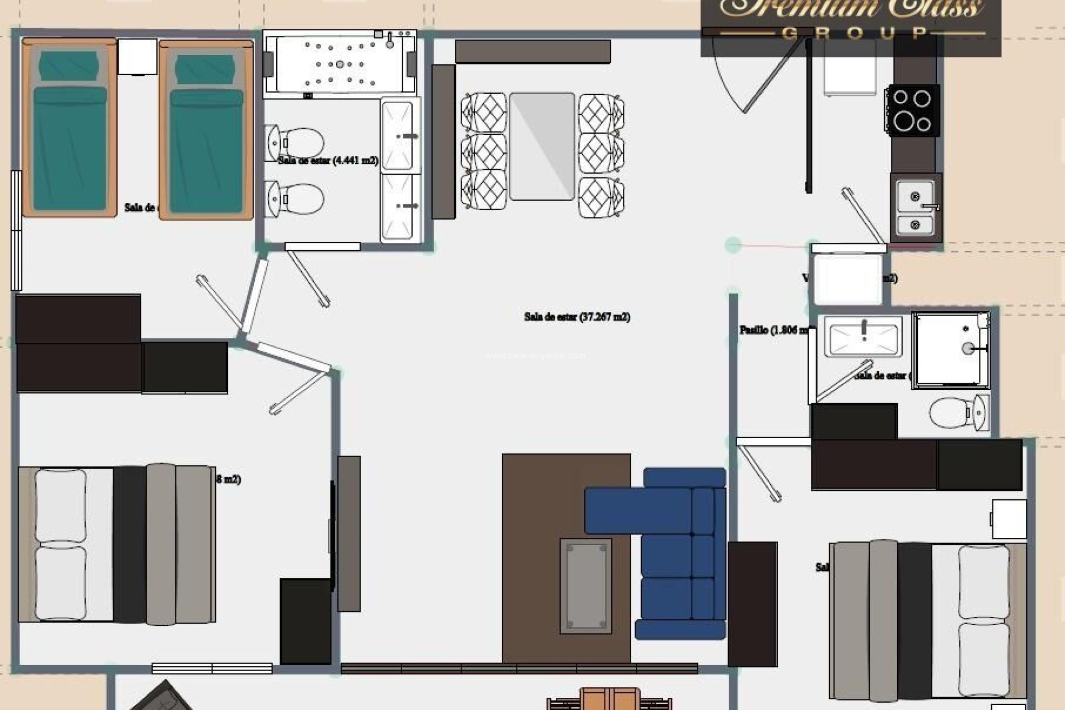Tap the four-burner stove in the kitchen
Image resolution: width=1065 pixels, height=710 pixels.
click(912, 110)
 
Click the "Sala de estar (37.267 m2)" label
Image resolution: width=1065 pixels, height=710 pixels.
click(577, 317)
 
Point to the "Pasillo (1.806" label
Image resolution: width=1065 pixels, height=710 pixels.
click(772, 330)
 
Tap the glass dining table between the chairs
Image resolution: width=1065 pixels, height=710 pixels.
click(541, 146)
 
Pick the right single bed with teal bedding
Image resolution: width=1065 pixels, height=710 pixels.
click(206, 130)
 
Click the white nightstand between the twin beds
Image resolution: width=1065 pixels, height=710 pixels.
click(138, 56)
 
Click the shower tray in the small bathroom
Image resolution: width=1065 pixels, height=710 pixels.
click(950, 349)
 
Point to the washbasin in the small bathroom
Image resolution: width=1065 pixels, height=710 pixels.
click(863, 336)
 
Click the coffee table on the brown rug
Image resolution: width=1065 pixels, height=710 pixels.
click(586, 586)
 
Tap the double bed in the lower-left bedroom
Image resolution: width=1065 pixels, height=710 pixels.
click(116, 545)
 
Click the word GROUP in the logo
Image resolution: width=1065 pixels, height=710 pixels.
click(854, 33)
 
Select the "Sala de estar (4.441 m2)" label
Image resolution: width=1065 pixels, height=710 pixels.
click(328, 161)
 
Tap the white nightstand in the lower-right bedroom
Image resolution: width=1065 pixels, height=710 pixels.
click(1009, 519)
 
